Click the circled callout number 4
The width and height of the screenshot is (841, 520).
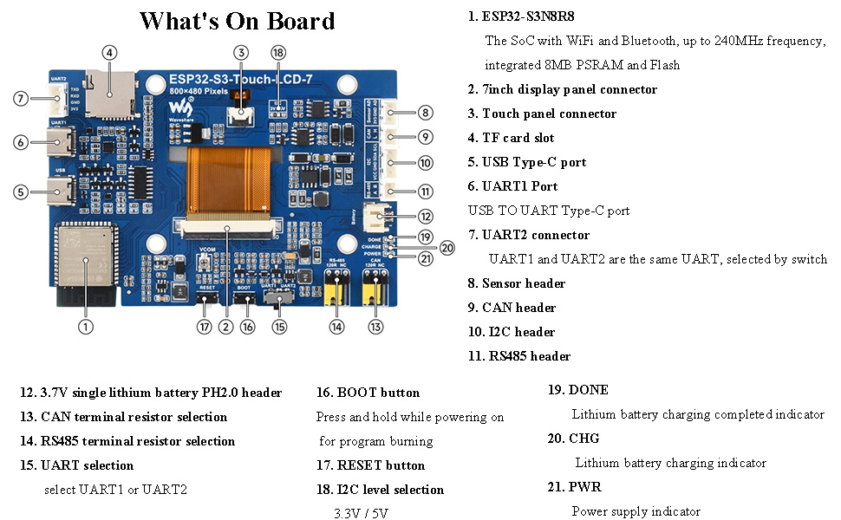(x=109, y=53)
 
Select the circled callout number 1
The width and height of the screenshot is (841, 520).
(x=85, y=327)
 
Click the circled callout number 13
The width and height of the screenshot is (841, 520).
(x=375, y=327)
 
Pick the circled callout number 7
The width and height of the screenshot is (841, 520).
(x=22, y=99)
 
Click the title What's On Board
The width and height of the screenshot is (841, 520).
(x=237, y=21)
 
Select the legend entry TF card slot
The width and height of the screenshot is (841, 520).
(x=518, y=138)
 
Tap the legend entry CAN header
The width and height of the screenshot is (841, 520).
(x=518, y=308)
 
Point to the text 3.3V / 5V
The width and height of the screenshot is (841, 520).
(x=362, y=513)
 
